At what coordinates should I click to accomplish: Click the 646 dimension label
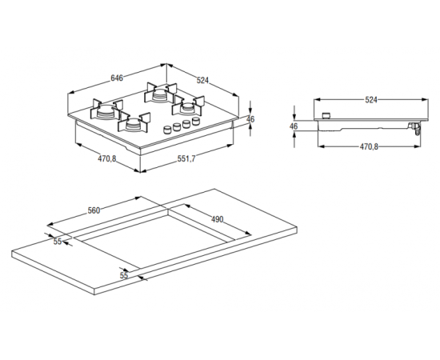[117, 78]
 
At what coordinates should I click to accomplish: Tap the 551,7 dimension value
[186, 159]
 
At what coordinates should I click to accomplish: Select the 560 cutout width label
[94, 210]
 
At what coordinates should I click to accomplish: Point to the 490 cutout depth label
[217, 219]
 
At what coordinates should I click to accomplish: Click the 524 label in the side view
[371, 100]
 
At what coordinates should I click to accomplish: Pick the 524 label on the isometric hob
[202, 80]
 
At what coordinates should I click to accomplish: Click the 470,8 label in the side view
[369, 146]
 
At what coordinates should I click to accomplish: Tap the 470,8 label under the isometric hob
[107, 159]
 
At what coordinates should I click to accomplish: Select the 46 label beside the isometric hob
[250, 119]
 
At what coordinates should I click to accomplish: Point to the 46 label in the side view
[294, 126]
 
